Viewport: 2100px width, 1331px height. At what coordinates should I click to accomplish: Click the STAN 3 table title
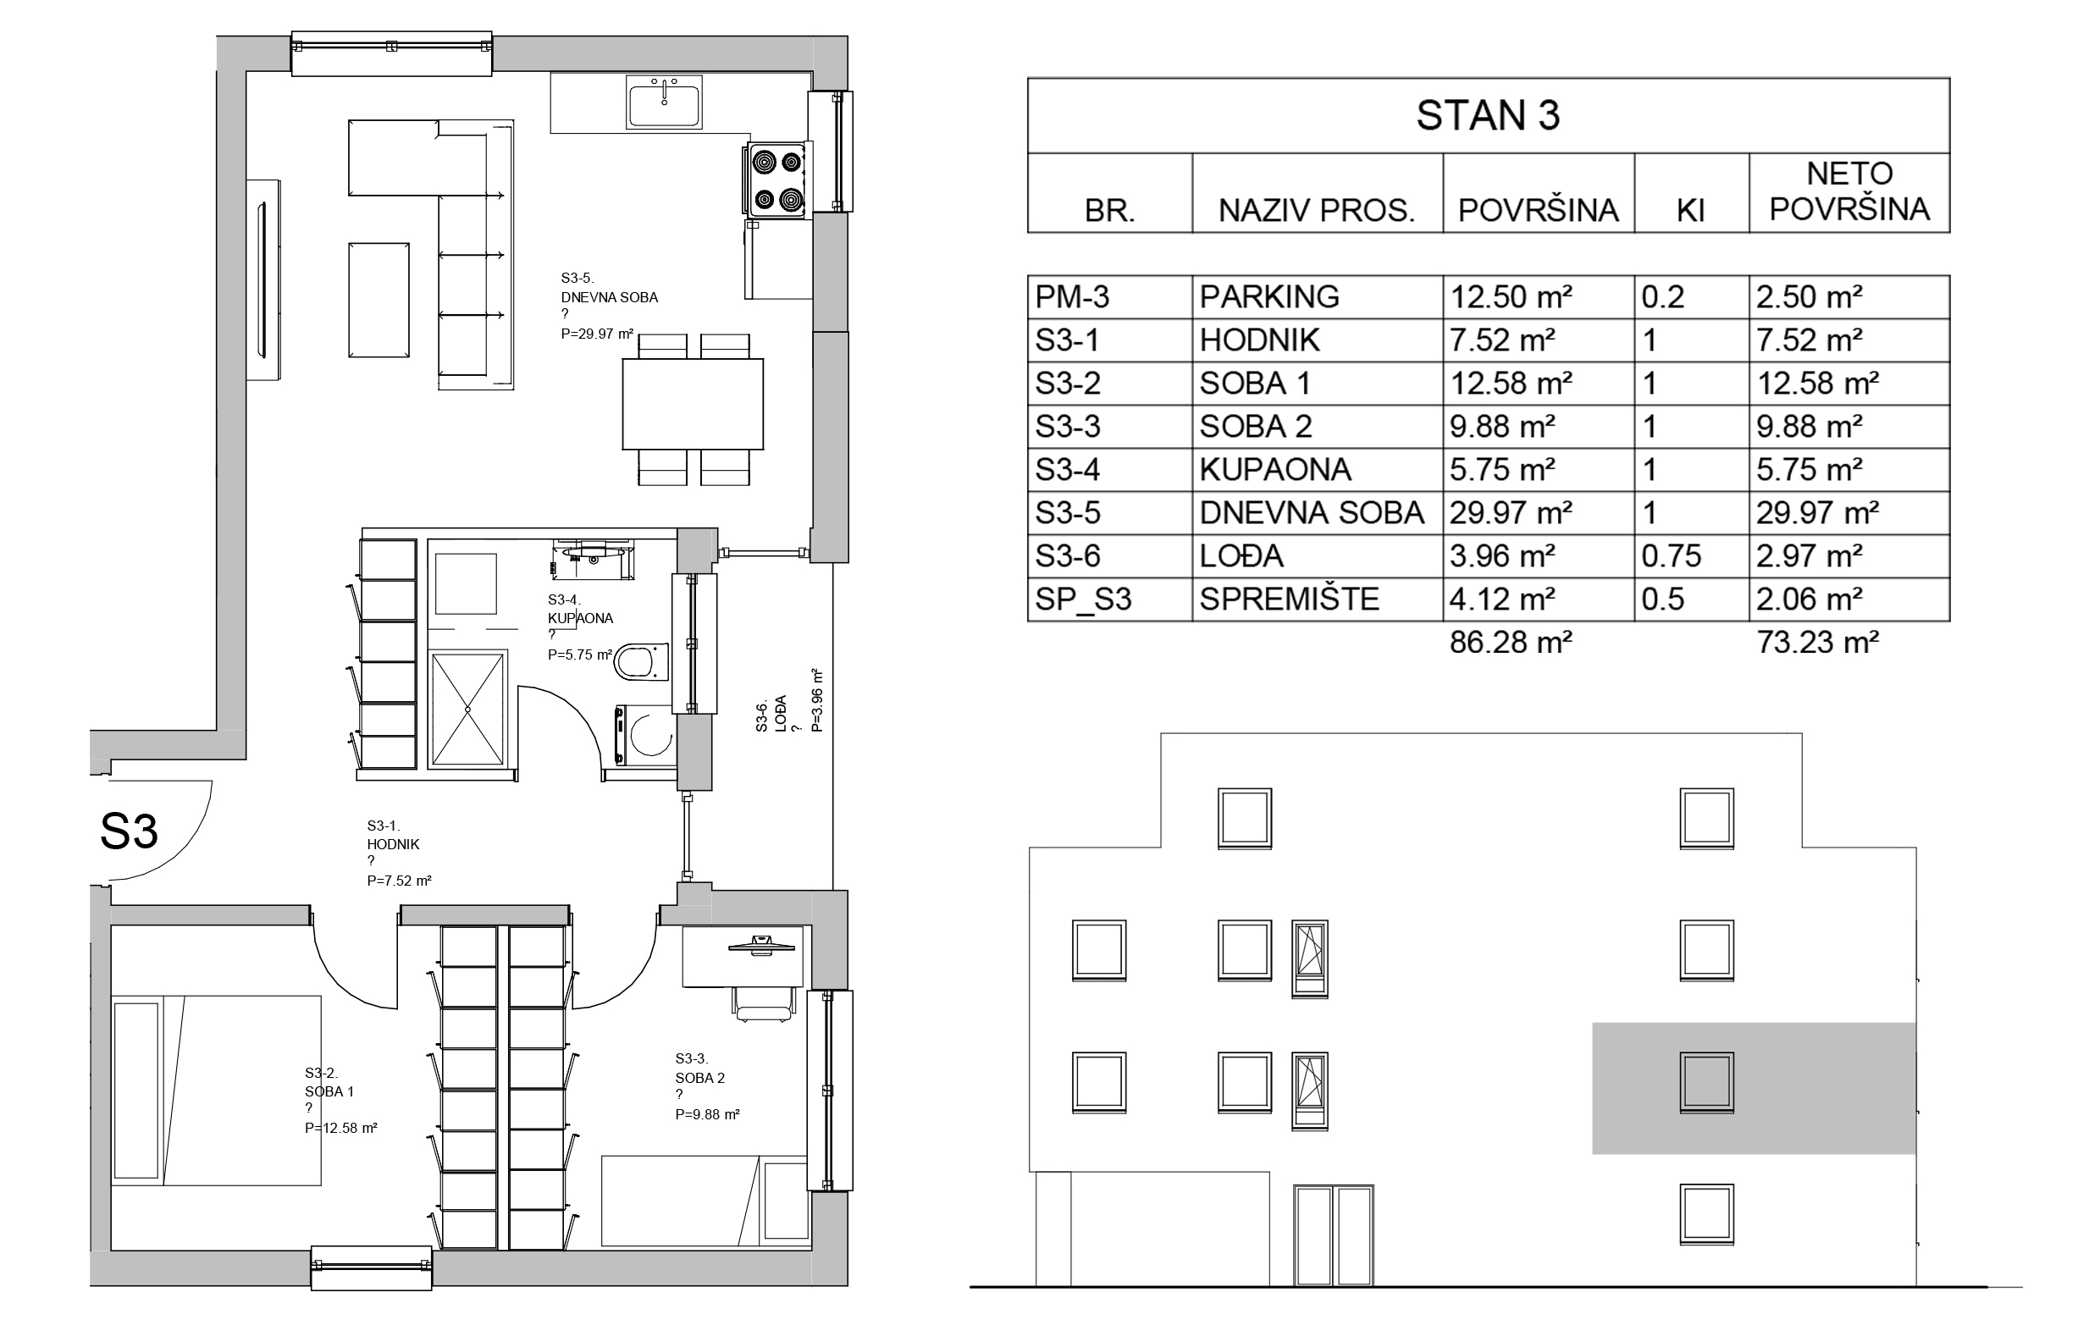coord(1488,116)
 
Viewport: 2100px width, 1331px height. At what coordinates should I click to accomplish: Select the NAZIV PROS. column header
coord(1316,210)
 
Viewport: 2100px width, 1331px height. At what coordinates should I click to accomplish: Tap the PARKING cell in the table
coord(1269,296)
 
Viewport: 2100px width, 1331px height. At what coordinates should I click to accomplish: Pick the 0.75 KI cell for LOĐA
coord(1671,555)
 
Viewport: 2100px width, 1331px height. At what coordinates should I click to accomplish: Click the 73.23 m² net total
coord(1817,642)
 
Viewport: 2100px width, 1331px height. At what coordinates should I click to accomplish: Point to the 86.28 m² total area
coord(1511,642)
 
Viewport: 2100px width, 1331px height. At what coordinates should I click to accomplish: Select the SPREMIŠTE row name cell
coord(1289,599)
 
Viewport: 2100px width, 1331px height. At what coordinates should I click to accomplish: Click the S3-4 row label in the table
coord(1068,469)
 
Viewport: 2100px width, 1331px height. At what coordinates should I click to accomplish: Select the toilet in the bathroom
coord(641,661)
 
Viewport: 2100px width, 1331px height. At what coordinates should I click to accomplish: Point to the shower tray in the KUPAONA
coord(468,710)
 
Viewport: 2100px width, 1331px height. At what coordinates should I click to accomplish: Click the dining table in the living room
coord(693,404)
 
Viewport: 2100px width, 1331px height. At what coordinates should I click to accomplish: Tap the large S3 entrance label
coord(129,831)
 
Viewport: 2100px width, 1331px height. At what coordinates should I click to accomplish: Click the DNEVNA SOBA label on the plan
coord(610,296)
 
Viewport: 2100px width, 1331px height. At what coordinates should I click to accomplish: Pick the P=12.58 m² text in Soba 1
coord(341,1128)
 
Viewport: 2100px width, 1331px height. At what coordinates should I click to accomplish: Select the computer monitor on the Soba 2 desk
coord(761,943)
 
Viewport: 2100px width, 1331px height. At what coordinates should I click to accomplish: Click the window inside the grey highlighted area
coord(1705,1081)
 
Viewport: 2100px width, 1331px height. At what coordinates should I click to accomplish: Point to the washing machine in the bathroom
coord(644,735)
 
